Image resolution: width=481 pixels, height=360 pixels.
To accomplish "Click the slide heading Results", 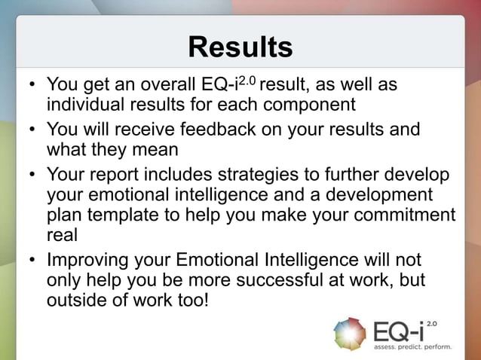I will [x=240, y=47].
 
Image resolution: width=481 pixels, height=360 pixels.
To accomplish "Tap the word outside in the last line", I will [x=75, y=300].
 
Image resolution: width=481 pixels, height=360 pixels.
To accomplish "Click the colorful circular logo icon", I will [x=349, y=334].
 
